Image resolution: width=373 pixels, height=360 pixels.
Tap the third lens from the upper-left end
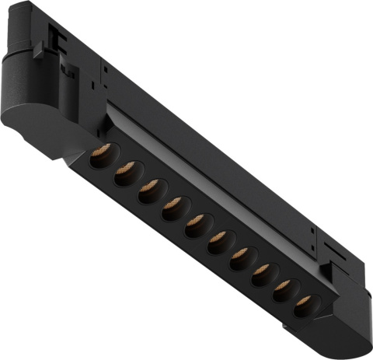[148, 191]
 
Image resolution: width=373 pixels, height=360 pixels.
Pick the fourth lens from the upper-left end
[173, 208]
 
